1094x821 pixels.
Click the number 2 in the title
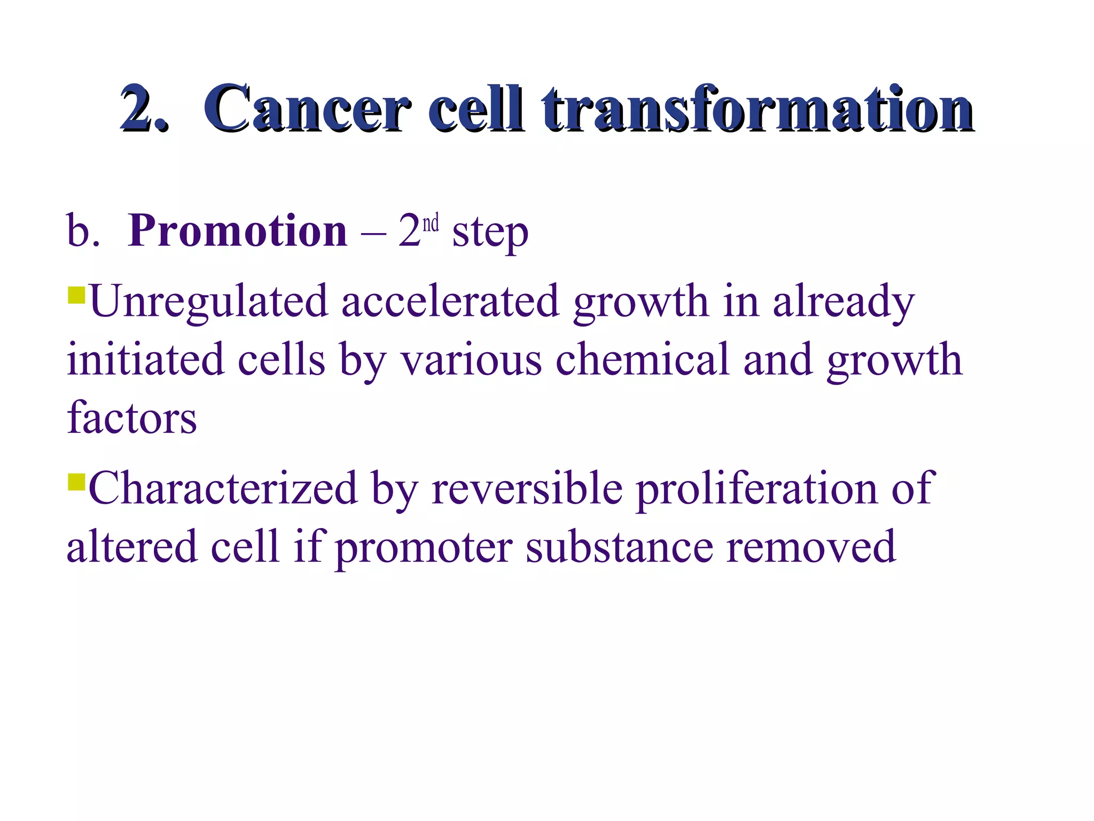click(x=142, y=109)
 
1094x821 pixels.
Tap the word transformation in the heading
click(x=757, y=109)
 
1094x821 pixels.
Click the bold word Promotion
click(x=238, y=231)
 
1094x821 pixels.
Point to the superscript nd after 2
click(x=431, y=223)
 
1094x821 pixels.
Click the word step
click(x=490, y=234)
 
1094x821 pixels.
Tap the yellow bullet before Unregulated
click(x=77, y=295)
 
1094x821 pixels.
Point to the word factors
click(x=131, y=418)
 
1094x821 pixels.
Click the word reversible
click(x=527, y=489)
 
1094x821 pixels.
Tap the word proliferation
click(x=757, y=489)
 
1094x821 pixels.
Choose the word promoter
click(x=424, y=547)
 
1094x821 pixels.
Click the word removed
click(x=810, y=547)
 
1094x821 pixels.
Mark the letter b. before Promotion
click(x=82, y=231)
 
